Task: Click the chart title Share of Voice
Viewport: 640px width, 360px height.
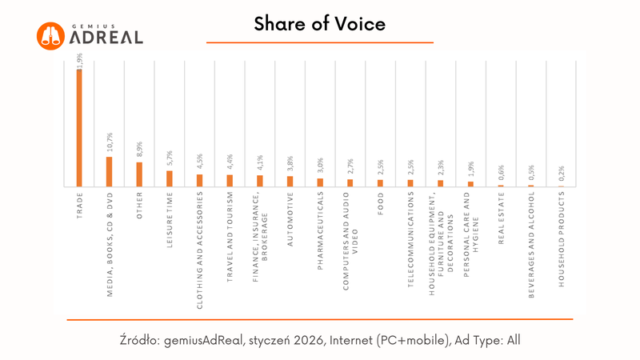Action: pyautogui.click(x=319, y=24)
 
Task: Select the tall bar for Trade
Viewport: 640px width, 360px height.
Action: pyautogui.click(x=79, y=128)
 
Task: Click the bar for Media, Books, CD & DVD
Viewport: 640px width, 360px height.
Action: pyautogui.click(x=109, y=171)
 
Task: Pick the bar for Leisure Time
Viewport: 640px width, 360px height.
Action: pyautogui.click(x=169, y=178)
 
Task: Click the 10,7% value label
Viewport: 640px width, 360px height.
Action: pyautogui.click(x=110, y=145)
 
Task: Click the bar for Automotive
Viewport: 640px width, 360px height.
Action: pyautogui.click(x=290, y=181)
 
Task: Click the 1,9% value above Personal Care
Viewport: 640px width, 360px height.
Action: pyautogui.click(x=471, y=170)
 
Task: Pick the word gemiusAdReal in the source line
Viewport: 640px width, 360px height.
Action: pyautogui.click(x=203, y=340)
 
